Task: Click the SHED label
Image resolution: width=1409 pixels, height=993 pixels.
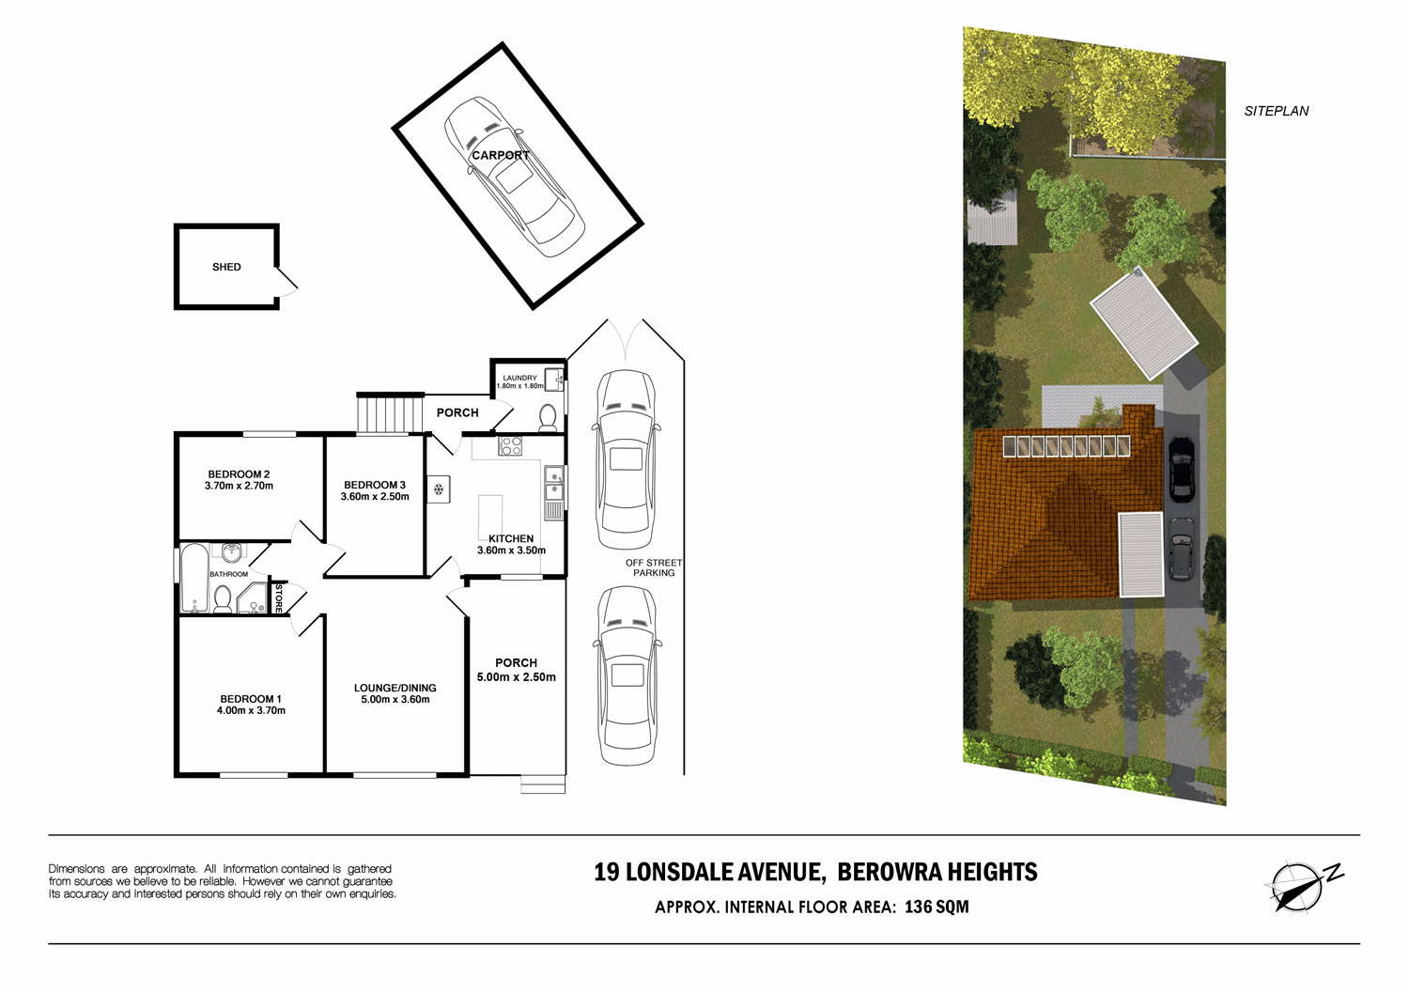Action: (226, 267)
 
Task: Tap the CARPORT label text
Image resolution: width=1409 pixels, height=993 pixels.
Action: (501, 155)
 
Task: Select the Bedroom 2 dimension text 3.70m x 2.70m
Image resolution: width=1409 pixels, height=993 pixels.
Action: (239, 487)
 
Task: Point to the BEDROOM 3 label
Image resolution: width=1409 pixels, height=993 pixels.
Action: (375, 485)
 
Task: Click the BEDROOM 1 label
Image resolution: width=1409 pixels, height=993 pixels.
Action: (251, 699)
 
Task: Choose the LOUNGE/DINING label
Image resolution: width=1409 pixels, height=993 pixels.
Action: (395, 688)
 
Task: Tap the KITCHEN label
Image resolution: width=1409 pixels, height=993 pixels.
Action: (511, 538)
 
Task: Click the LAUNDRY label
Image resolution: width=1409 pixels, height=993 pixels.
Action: (519, 378)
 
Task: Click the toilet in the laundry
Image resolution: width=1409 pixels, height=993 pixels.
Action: (548, 416)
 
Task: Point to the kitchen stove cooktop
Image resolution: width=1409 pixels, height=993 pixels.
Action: (510, 446)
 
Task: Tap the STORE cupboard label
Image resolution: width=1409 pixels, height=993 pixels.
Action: (279, 598)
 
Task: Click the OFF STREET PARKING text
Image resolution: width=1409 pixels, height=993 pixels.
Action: (654, 567)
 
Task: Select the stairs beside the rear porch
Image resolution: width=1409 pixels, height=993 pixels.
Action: (387, 414)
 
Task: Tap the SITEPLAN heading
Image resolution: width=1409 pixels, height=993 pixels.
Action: (1276, 111)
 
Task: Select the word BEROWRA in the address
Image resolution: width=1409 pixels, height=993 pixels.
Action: (888, 873)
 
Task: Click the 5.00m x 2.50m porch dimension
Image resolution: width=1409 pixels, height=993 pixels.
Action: (516, 676)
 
